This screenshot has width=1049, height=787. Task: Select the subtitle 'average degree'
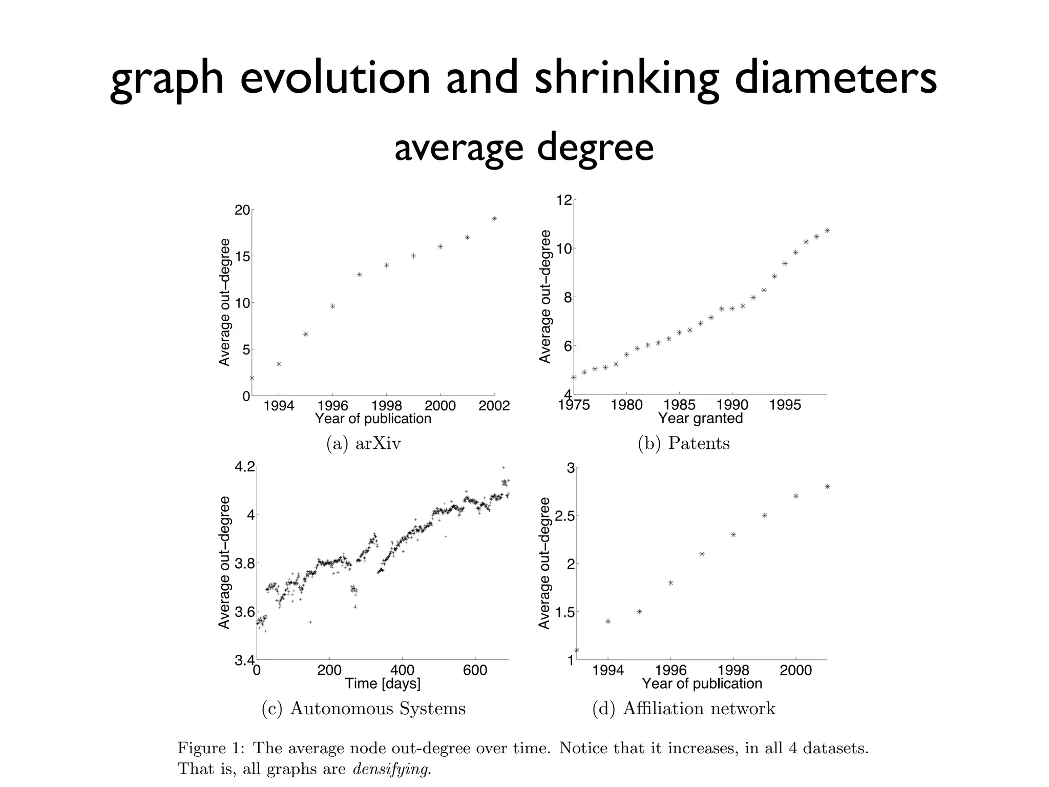[x=524, y=147]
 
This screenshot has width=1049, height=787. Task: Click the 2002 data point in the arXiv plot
[x=494, y=219]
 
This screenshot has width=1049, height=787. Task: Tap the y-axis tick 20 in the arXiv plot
[x=243, y=210]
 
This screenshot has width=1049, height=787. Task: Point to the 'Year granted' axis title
[x=700, y=418]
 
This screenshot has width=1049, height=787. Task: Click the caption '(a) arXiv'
[x=364, y=443]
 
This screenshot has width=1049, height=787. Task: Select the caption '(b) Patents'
[x=684, y=443]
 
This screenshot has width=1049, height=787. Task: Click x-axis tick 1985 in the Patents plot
[x=679, y=405]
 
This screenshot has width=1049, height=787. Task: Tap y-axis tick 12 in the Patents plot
[x=563, y=200]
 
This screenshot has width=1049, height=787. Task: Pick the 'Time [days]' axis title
[x=383, y=683]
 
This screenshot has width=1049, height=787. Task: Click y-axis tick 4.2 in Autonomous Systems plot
[x=244, y=467]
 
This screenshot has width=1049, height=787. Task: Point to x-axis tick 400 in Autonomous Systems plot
[x=402, y=671]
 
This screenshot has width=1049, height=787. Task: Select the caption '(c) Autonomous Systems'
[x=364, y=709]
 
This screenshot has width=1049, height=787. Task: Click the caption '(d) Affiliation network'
[x=684, y=709]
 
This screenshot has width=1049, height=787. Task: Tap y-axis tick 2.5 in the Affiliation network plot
[x=564, y=515]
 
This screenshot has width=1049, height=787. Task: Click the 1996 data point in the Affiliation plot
[x=670, y=583]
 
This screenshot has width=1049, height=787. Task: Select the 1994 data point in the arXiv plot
[x=279, y=364]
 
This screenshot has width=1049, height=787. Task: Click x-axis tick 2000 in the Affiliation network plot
[x=796, y=671]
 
